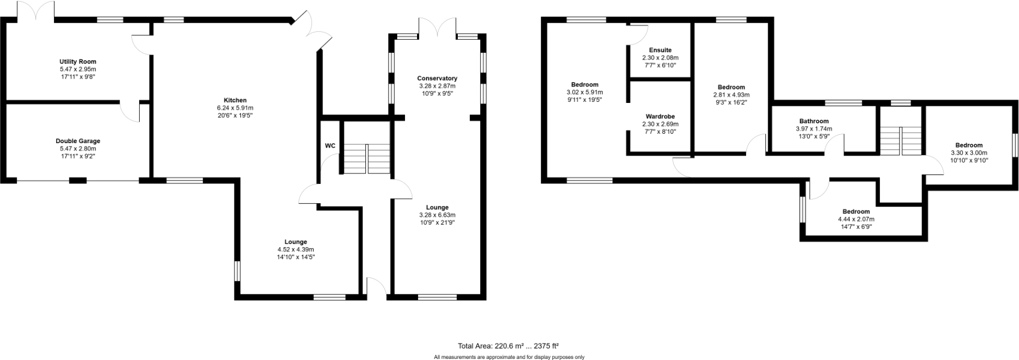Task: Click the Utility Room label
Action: tap(78, 62)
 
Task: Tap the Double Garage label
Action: tap(78, 141)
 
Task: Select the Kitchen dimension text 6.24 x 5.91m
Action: tap(234, 108)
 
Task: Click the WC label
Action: tap(330, 146)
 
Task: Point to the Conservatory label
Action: tap(437, 78)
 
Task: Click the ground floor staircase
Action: tap(367, 159)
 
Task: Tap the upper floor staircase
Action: tap(900, 141)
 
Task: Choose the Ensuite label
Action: tap(660, 50)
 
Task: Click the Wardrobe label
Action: tap(660, 117)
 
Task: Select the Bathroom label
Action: tap(814, 121)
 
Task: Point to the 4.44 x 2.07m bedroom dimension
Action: tap(856, 219)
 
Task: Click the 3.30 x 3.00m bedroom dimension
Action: tap(968, 153)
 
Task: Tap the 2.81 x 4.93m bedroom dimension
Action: tap(731, 95)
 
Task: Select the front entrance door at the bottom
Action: tap(376, 288)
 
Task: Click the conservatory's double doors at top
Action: tap(437, 27)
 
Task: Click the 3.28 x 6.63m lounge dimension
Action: tap(437, 215)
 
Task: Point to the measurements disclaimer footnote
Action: tap(509, 357)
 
